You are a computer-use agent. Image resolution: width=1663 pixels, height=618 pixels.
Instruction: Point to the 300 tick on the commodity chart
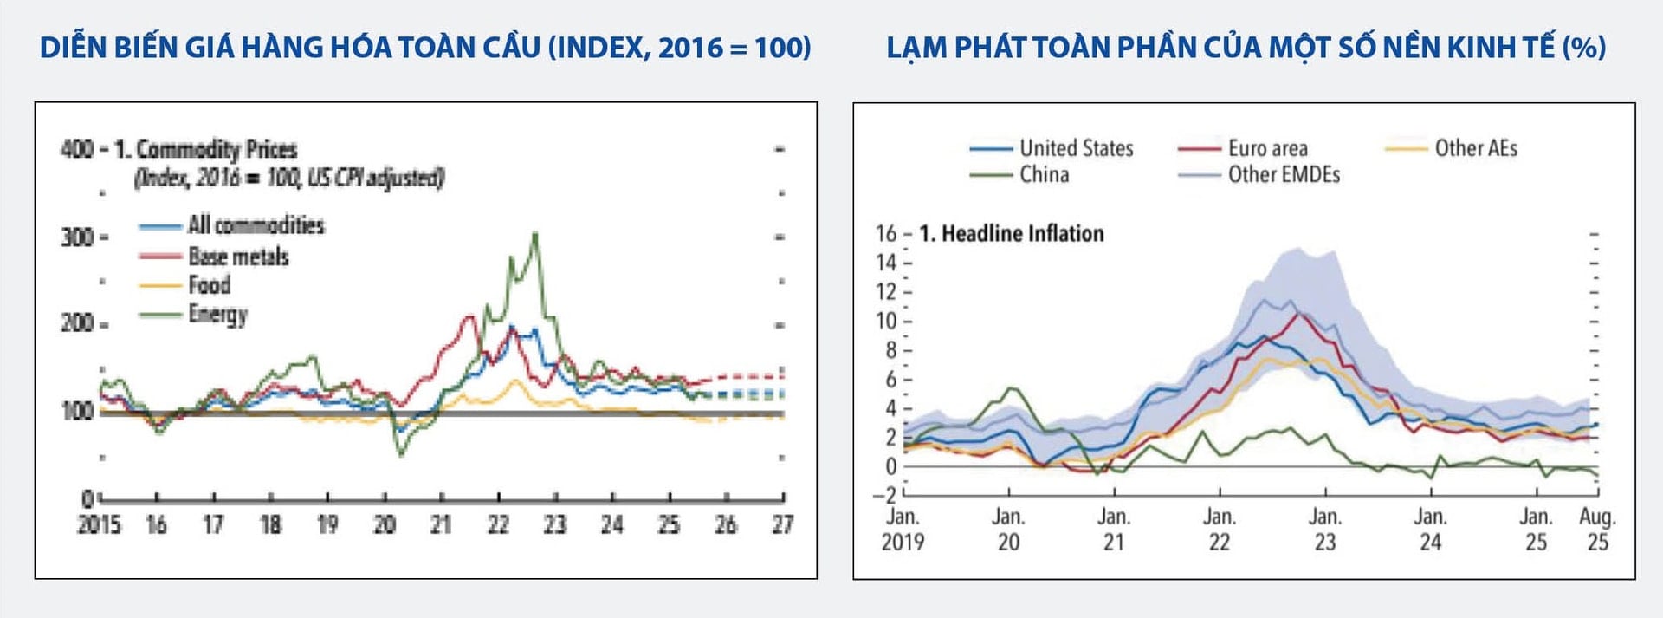(77, 237)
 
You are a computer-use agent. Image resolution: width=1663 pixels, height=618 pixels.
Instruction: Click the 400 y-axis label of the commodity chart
(77, 149)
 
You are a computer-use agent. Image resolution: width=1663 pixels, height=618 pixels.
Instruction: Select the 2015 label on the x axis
(99, 525)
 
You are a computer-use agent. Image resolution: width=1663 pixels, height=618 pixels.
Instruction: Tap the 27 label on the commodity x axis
(782, 525)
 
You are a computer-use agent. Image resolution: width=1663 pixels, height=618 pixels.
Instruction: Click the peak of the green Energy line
(535, 233)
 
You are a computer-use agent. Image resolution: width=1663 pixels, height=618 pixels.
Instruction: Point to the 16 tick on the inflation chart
(886, 234)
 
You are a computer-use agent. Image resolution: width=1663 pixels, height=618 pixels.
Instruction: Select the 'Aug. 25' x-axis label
(1597, 530)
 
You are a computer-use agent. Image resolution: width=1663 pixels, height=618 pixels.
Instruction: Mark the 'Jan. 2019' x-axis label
(903, 530)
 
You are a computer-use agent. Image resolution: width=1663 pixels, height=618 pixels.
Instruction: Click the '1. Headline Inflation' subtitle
(1012, 234)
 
